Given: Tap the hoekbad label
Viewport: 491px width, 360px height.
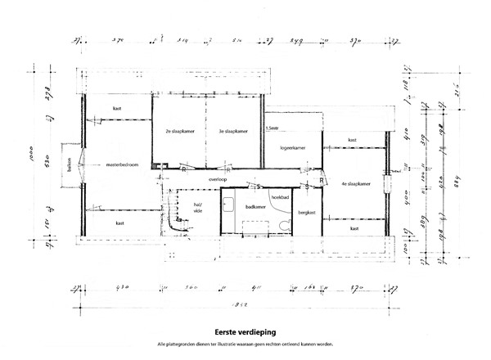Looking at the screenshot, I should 282,198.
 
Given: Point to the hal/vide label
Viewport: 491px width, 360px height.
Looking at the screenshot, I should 198,207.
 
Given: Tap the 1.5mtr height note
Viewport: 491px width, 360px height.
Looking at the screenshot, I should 273,128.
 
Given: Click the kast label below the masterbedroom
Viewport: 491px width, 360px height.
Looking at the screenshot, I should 119,223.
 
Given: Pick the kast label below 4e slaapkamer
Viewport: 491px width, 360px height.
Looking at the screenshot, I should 354,228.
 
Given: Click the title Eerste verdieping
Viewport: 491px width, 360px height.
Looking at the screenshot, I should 245,332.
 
